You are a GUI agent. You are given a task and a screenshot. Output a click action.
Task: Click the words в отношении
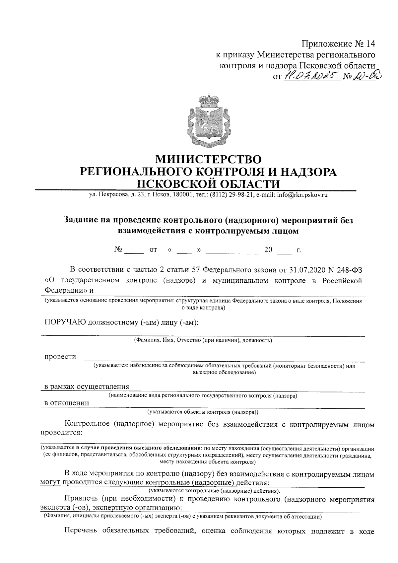pyautogui.click(x=67, y=403)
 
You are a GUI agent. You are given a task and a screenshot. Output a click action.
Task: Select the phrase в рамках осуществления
pyautogui.click(x=87, y=387)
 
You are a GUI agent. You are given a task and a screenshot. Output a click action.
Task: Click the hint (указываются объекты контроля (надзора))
pyautogui.click(x=203, y=412)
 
